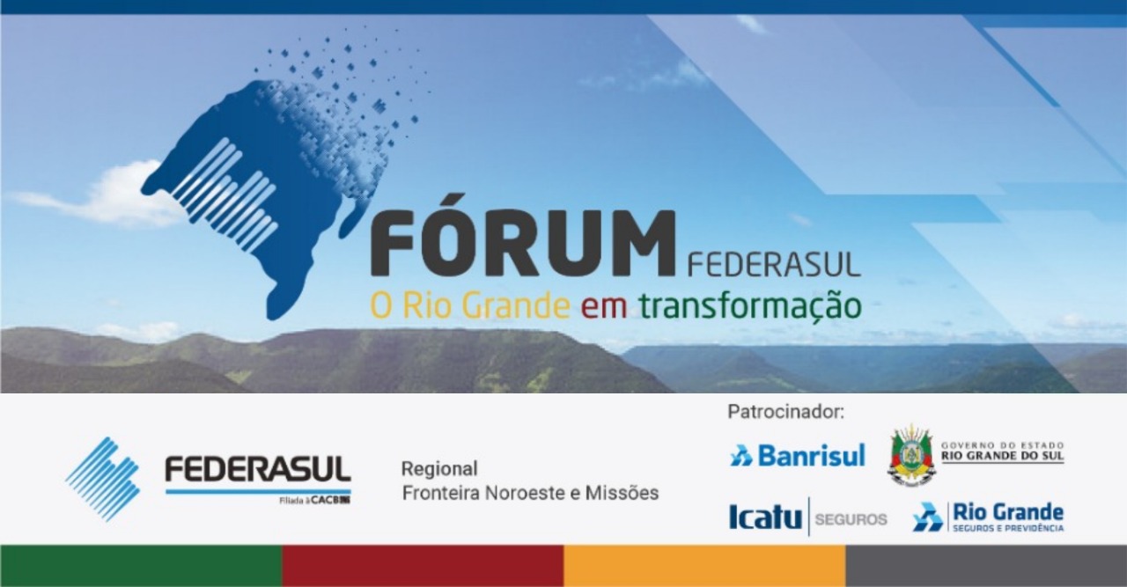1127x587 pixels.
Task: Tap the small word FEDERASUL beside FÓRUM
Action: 772,265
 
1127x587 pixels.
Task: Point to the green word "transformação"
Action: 750,306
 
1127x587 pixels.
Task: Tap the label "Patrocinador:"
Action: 785,411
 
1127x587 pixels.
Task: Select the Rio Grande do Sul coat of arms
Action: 911,455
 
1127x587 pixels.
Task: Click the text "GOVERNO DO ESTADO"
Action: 1002,445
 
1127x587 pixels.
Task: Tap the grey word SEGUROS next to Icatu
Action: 851,519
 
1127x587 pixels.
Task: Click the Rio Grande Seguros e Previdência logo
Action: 988,517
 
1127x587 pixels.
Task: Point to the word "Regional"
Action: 439,468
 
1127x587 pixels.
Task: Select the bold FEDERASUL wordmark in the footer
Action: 257,470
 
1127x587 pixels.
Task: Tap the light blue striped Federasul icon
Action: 103,478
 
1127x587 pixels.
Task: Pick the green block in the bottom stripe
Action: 141,566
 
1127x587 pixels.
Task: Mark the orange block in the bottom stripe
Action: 704,566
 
